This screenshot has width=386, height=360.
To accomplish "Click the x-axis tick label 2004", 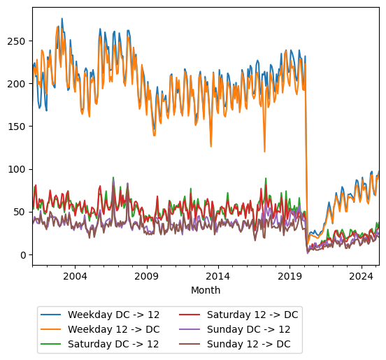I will [75, 277].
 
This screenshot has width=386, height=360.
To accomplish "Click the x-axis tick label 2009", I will [147, 277].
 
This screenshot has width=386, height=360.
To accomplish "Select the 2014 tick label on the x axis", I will [218, 277].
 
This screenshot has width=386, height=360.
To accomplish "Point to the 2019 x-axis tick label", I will [289, 277].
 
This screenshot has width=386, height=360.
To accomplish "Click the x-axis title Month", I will [206, 290].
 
